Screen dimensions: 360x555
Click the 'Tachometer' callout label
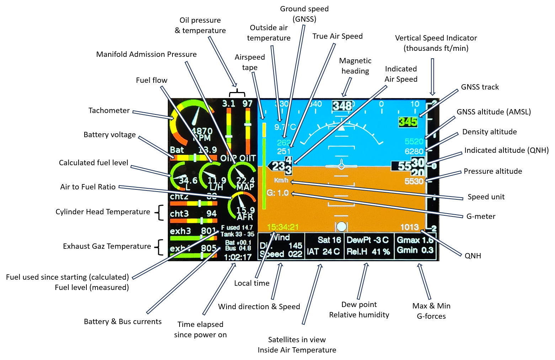pyautogui.click(x=109, y=111)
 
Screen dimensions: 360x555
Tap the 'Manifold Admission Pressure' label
pyautogui.click(x=146, y=54)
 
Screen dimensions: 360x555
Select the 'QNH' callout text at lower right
pyautogui.click(x=473, y=256)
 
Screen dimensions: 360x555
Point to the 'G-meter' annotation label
pyautogui.click(x=481, y=216)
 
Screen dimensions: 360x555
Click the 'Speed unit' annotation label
pyautogui.click(x=486, y=197)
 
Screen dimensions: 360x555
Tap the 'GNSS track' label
pyautogui.click(x=480, y=87)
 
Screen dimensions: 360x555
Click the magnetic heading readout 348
pyautogui.click(x=342, y=106)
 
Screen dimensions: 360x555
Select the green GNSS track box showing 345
pyautogui.click(x=407, y=122)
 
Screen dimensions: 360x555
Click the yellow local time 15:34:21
pyautogui.click(x=283, y=227)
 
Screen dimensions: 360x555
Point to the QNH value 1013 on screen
pyautogui.click(x=409, y=227)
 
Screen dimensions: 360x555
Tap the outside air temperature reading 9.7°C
pyautogui.click(x=285, y=127)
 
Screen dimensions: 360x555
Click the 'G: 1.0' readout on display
pyautogui.click(x=278, y=193)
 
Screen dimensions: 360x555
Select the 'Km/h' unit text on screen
pyautogui.click(x=281, y=181)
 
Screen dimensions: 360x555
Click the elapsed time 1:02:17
pyautogui.click(x=238, y=257)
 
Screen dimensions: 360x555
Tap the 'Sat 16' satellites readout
pyautogui.click(x=329, y=240)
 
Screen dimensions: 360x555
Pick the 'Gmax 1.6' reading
pyautogui.click(x=415, y=240)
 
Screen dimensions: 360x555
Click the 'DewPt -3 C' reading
pyautogui.click(x=368, y=240)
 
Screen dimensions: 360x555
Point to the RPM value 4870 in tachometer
pyautogui.click(x=202, y=131)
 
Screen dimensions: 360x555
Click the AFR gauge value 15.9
pyautogui.click(x=245, y=210)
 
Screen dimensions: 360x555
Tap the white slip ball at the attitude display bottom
pyautogui.click(x=341, y=226)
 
